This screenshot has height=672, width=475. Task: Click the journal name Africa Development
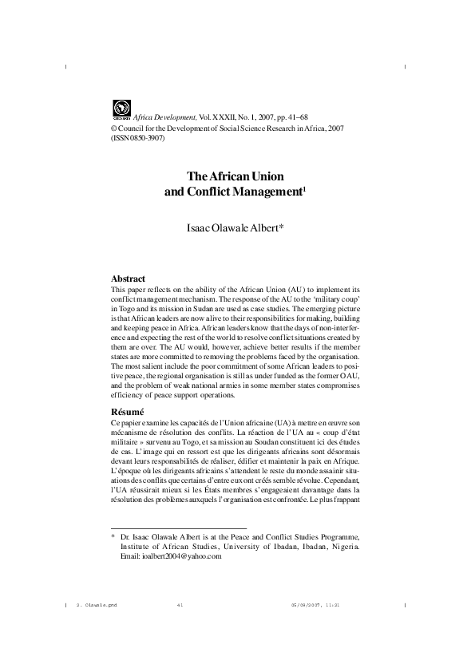click(160, 117)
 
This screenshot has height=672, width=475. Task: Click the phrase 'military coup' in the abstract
click(338, 298)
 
